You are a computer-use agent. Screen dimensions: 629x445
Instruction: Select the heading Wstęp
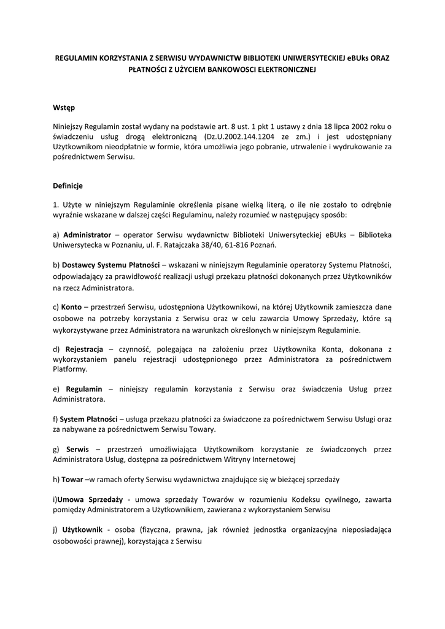64,107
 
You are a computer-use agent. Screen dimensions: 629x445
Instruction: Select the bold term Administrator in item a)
87,235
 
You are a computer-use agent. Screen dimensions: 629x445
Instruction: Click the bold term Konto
71,306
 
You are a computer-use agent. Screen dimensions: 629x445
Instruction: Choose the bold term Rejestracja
85,348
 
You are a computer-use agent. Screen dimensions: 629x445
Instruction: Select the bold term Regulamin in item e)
83,389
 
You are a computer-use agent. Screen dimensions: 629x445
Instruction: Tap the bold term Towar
72,479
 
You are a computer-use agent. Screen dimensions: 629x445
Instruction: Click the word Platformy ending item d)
69,370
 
